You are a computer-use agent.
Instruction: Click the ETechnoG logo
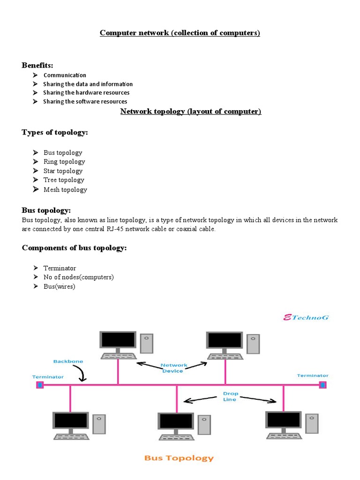click(x=307, y=317)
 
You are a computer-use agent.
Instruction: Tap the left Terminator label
click(x=48, y=376)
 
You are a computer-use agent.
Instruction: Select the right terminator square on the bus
click(x=322, y=385)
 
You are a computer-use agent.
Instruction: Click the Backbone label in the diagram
click(x=67, y=361)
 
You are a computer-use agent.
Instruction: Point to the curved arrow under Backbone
click(x=81, y=374)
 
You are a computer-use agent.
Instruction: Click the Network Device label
click(x=174, y=368)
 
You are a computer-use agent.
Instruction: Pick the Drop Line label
click(x=230, y=397)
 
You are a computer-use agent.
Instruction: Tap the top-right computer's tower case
click(x=253, y=343)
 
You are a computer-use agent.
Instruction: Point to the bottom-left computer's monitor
click(x=71, y=421)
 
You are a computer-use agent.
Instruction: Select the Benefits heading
click(x=37, y=65)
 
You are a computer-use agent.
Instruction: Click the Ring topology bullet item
click(x=64, y=162)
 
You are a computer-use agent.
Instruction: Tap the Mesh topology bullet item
click(x=65, y=190)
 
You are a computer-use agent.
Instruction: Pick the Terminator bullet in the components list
click(x=60, y=268)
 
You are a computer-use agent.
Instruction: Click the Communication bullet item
click(x=65, y=75)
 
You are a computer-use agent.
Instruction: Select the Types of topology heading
click(x=55, y=133)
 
